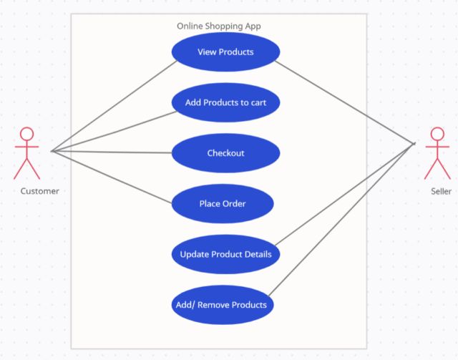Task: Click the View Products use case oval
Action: point(225,52)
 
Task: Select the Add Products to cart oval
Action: point(225,102)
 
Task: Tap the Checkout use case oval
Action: point(225,153)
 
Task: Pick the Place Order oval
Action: point(222,204)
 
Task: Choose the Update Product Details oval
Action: point(225,254)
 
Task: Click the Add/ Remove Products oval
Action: point(221,305)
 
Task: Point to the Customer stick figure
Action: point(27,153)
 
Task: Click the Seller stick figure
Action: point(437,153)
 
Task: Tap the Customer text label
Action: point(39,191)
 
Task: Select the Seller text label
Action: point(441,191)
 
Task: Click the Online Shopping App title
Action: point(219,26)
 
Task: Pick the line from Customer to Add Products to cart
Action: point(114,132)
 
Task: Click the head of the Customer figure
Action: point(27,134)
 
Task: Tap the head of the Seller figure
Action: point(437,134)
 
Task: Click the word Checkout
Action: point(225,153)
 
